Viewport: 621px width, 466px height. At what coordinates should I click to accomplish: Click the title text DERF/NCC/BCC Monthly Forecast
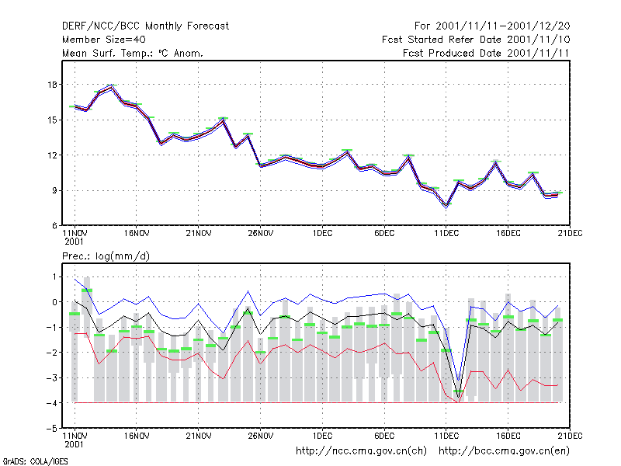(145, 26)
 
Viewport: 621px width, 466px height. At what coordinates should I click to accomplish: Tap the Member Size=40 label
(104, 40)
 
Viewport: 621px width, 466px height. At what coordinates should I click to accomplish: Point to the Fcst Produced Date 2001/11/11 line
(486, 53)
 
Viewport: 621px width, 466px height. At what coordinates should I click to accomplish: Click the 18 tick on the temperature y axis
(52, 85)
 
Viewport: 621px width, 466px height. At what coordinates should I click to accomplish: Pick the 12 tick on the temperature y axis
(52, 155)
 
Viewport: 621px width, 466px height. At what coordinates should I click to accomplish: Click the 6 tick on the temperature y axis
(54, 226)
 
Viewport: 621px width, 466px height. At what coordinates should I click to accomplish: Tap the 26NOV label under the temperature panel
(261, 234)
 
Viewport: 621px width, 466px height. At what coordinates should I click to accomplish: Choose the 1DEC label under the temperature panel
(322, 234)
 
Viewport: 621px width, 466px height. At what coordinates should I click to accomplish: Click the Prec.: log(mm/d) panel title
(106, 256)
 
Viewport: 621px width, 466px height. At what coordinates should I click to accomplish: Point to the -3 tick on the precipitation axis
(51, 377)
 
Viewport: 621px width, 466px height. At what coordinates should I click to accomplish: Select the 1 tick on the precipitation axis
(54, 276)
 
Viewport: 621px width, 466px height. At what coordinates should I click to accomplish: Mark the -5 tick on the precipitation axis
(51, 429)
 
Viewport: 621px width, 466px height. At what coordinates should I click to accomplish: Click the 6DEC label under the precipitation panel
(384, 436)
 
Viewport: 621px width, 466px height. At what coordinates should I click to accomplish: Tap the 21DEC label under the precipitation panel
(570, 436)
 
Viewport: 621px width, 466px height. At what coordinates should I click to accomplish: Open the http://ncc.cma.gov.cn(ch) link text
(361, 451)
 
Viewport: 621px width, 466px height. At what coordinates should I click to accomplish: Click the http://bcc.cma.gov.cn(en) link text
(504, 451)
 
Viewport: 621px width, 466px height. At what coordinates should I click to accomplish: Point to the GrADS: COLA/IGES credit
(35, 461)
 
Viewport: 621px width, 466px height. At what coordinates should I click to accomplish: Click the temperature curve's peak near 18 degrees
(112, 87)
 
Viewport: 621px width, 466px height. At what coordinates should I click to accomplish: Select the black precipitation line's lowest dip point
(459, 398)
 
